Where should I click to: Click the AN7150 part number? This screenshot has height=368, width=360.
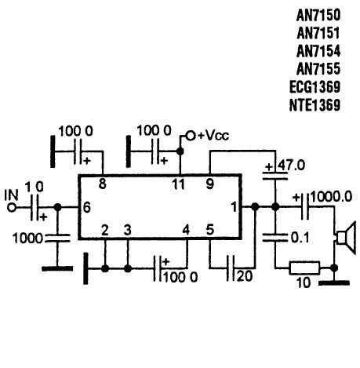pos(318,15)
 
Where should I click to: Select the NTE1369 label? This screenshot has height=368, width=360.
pos(315,105)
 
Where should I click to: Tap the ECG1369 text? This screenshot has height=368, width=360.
pos(315,87)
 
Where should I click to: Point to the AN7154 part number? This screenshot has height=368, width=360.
pos(318,51)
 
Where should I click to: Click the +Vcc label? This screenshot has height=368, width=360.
pos(213,136)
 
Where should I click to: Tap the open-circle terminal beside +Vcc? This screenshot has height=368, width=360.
pos(191,136)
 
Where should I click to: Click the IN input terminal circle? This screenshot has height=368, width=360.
pos(12,208)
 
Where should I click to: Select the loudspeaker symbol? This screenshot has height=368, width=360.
pos(346,238)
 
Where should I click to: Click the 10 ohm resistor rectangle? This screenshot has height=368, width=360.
pos(304,268)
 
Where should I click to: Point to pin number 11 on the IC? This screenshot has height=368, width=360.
pos(179,184)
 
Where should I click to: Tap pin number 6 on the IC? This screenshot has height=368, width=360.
pos(87,208)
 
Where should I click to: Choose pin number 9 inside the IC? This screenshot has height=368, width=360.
pos(210,184)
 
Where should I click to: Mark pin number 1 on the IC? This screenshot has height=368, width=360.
pos(234,207)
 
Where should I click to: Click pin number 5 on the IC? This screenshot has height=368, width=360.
pos(210,230)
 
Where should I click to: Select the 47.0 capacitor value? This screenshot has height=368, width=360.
pos(291,166)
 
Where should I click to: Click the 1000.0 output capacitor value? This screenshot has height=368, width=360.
pos(331,197)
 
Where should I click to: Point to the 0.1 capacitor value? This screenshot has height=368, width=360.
pos(300,238)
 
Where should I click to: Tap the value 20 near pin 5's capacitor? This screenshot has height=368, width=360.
pos(245,276)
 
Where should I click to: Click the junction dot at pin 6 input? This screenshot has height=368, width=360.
pos(57,208)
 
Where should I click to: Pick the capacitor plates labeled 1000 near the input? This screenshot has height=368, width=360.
pos(58,239)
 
